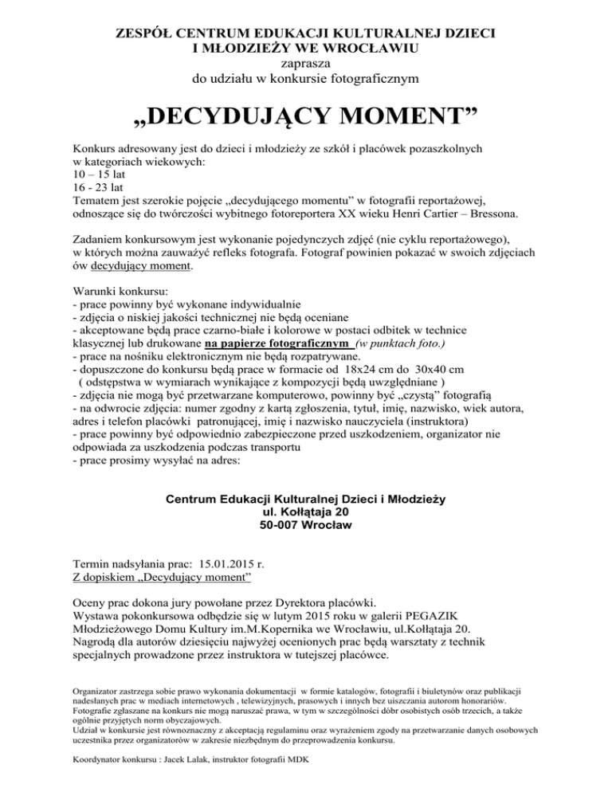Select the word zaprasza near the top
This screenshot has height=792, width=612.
click(305, 64)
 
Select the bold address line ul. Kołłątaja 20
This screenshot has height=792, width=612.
click(305, 512)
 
